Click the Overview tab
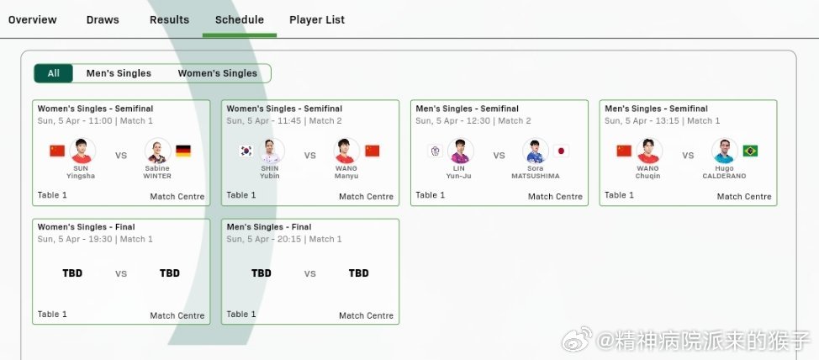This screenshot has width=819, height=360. (x=33, y=19)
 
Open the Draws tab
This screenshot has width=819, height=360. (x=103, y=19)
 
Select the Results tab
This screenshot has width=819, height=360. (x=169, y=19)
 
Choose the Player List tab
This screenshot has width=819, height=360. (x=317, y=19)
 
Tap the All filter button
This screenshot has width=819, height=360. (x=53, y=73)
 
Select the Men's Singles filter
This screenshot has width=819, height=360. (x=119, y=73)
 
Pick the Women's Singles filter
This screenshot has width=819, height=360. (x=217, y=73)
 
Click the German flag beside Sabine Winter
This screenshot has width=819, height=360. (x=183, y=151)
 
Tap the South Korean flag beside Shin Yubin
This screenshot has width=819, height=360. (x=246, y=151)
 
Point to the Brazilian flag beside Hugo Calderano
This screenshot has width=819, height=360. (x=750, y=151)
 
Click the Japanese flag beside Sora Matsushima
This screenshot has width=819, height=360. (x=561, y=151)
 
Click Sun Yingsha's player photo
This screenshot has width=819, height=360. (x=82, y=151)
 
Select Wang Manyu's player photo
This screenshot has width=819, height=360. (x=347, y=151)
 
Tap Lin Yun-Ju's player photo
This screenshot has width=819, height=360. (x=460, y=151)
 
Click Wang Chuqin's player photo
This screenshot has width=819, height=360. (x=649, y=151)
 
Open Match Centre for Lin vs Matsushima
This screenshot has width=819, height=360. (x=555, y=197)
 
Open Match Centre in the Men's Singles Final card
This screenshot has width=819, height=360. (x=366, y=316)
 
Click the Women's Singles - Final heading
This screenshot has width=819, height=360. (x=87, y=227)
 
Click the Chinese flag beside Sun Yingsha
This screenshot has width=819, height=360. (x=57, y=151)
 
